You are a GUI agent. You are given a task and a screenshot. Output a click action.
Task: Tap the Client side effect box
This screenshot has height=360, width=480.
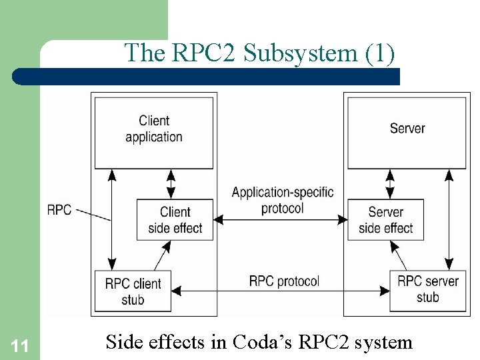175,220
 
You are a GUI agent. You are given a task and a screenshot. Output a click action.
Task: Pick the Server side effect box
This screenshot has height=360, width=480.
385,220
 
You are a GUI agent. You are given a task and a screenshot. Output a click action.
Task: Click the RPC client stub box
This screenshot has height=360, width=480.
133,291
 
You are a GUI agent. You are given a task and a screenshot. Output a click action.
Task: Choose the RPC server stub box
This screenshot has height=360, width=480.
427,289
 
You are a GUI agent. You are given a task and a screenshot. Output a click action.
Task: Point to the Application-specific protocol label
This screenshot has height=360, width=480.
282,200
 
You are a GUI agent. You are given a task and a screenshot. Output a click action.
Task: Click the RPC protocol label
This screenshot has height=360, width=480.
284,281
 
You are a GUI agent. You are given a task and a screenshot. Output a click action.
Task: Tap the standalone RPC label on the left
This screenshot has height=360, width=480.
59,210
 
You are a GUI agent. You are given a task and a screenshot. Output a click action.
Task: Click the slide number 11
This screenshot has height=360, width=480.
20,345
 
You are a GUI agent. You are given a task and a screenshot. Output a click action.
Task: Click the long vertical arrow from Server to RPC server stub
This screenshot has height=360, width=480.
450,219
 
